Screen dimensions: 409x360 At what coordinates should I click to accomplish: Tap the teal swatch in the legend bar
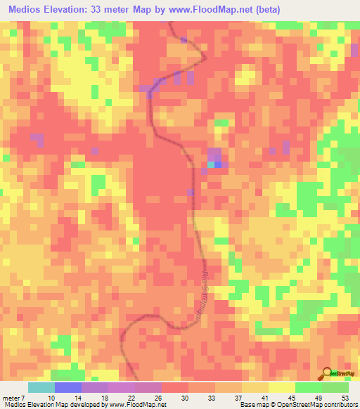tap(41, 387)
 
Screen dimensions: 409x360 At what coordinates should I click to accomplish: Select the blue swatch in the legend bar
tap(68, 387)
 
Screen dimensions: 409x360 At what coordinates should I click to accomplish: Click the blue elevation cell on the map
tap(218, 164)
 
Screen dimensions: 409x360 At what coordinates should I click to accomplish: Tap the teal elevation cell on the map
tap(211, 164)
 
